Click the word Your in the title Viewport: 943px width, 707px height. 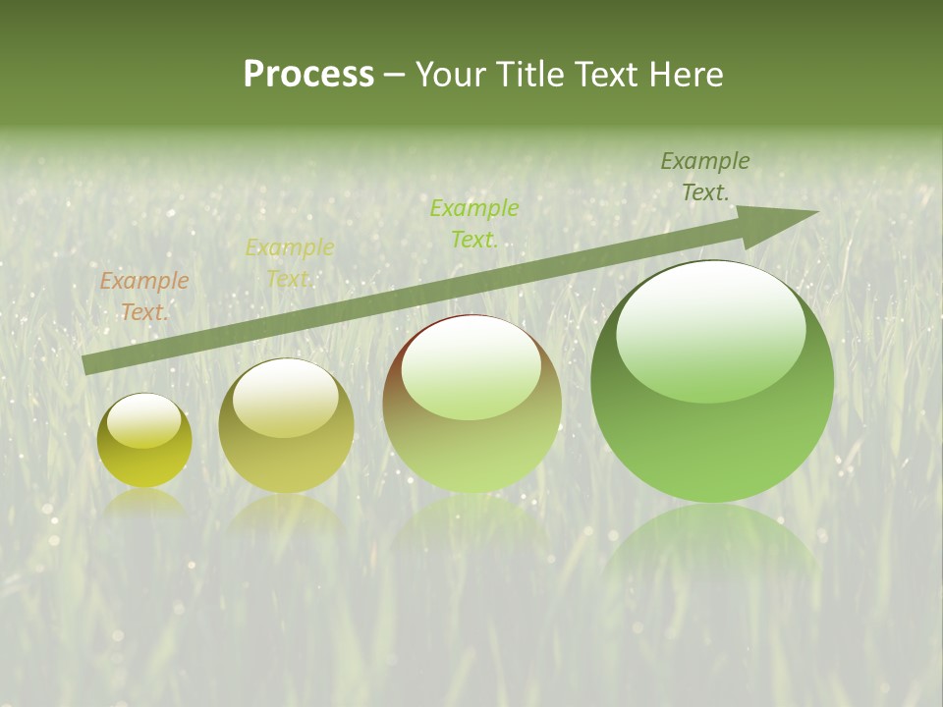pyautogui.click(x=449, y=76)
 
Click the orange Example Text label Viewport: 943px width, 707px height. pyautogui.click(x=144, y=296)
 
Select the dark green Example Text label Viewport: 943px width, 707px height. pyautogui.click(x=705, y=176)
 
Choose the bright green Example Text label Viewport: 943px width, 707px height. pyautogui.click(x=474, y=223)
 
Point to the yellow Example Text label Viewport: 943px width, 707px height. pyautogui.click(x=290, y=262)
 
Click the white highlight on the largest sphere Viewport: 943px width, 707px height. pyautogui.click(x=710, y=329)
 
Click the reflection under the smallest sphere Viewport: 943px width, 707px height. pyautogui.click(x=144, y=503)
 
